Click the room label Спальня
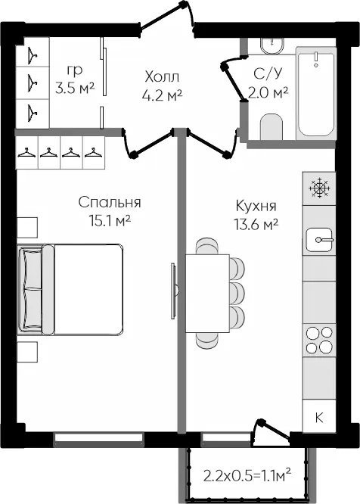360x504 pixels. [110, 203]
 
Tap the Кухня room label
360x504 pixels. [256, 206]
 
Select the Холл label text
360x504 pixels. [162, 77]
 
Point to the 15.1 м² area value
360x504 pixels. [110, 221]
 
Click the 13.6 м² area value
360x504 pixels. [256, 224]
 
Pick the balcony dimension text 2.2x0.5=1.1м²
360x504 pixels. [247, 475]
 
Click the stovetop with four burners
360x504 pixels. [319, 341]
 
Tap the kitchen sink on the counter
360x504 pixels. [319, 239]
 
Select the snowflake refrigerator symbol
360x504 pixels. [319, 188]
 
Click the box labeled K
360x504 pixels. [319, 417]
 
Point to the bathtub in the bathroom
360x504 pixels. [316, 93]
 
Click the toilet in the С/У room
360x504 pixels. [272, 127]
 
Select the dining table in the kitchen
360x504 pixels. [208, 294]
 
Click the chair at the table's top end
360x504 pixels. [208, 246]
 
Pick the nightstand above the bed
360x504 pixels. [27, 228]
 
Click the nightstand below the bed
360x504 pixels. [27, 352]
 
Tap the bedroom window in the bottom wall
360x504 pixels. [98, 438]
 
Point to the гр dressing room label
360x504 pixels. [75, 70]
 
